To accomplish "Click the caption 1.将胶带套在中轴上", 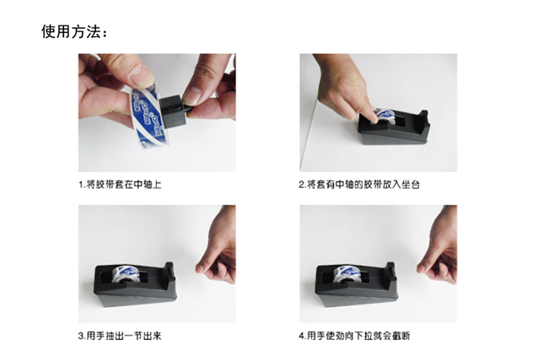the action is (120, 184).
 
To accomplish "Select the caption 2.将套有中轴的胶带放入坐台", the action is (359, 184).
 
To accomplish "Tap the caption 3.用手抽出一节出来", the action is (120, 336).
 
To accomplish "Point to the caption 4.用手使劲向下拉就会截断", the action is (354, 336).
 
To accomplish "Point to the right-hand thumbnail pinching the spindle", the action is (192, 96).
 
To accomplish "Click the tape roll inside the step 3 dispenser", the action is (127, 274).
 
